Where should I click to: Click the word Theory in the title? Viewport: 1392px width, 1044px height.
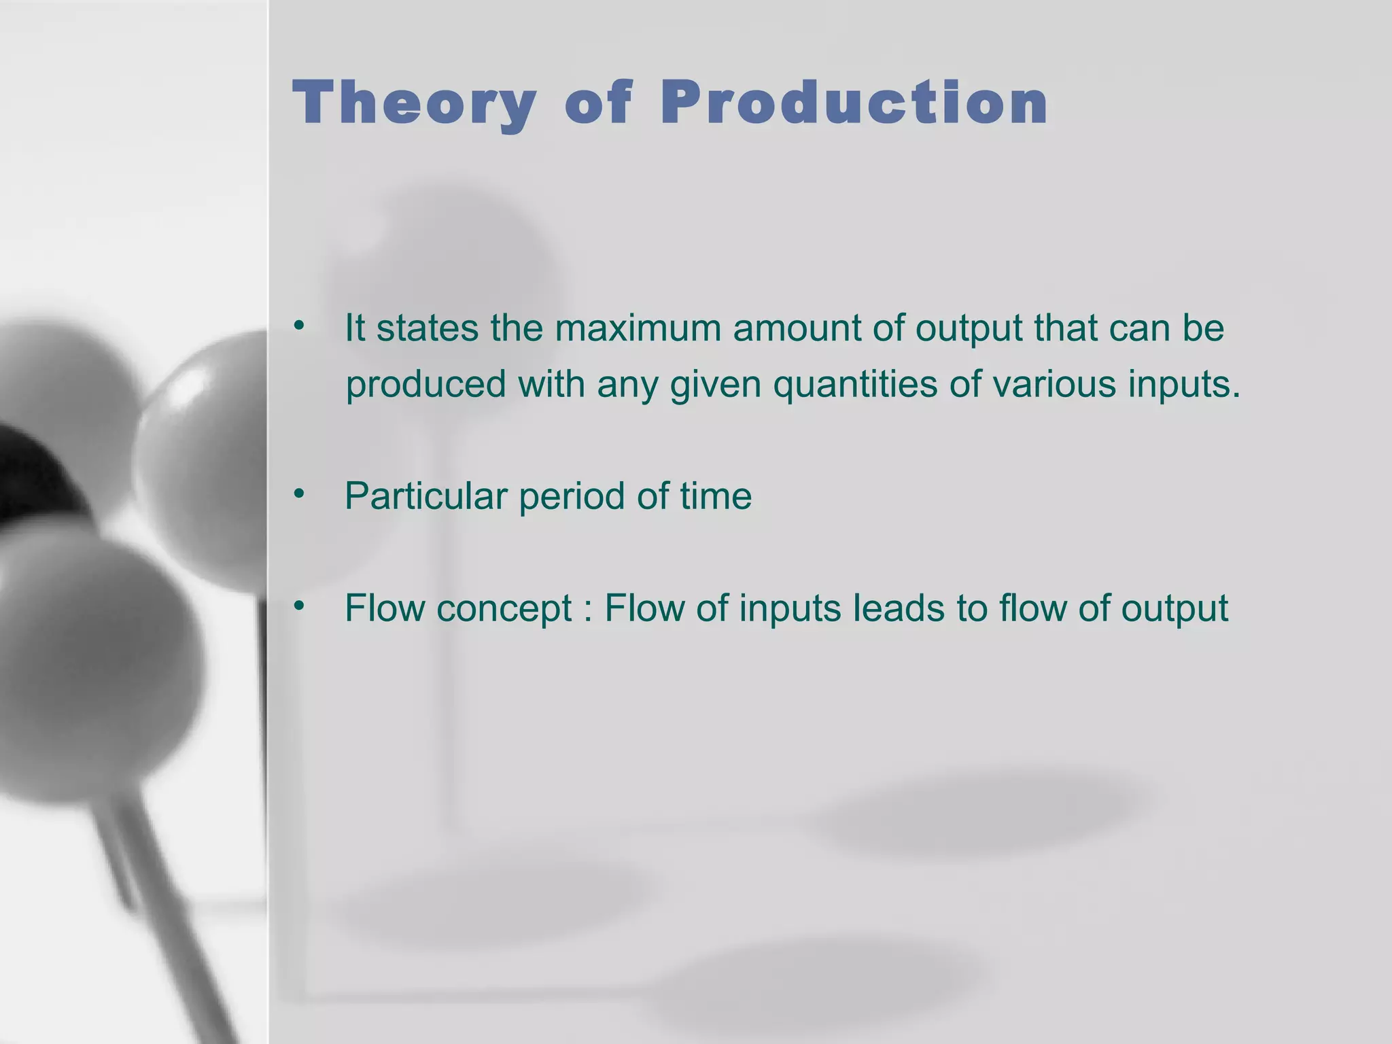click(414, 103)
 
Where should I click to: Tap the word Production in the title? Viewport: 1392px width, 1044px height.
click(854, 103)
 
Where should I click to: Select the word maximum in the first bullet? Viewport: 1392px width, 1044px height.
click(642, 328)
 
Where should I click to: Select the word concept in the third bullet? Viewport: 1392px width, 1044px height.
click(504, 609)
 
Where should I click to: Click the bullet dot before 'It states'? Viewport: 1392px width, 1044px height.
click(298, 327)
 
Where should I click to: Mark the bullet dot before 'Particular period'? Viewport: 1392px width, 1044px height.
click(298, 494)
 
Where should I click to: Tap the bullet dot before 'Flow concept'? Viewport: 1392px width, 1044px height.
click(298, 606)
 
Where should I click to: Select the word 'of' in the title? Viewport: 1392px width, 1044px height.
click(599, 103)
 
